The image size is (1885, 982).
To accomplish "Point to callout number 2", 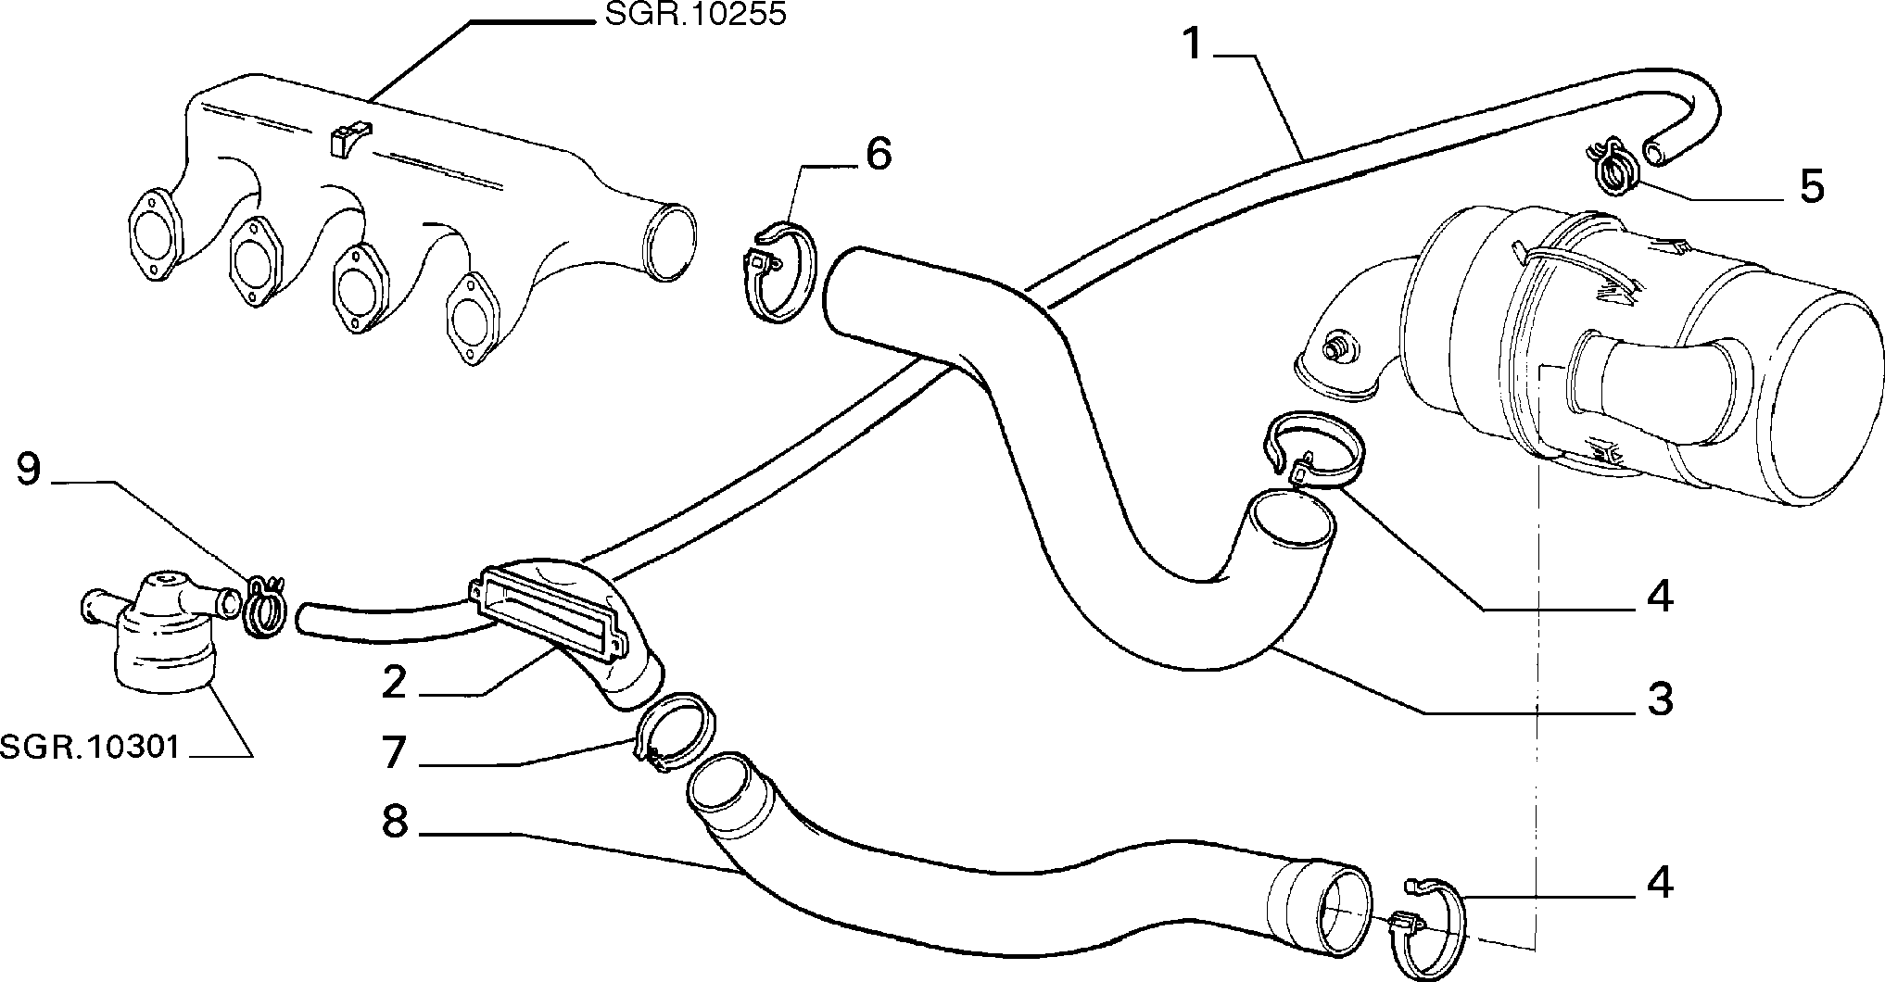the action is point(394,685).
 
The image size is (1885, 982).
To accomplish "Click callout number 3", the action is point(1660,699).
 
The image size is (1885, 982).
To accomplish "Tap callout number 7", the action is point(395,751).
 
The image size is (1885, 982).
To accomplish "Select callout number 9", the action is point(30,470).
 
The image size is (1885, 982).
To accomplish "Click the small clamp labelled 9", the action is point(264,607).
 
